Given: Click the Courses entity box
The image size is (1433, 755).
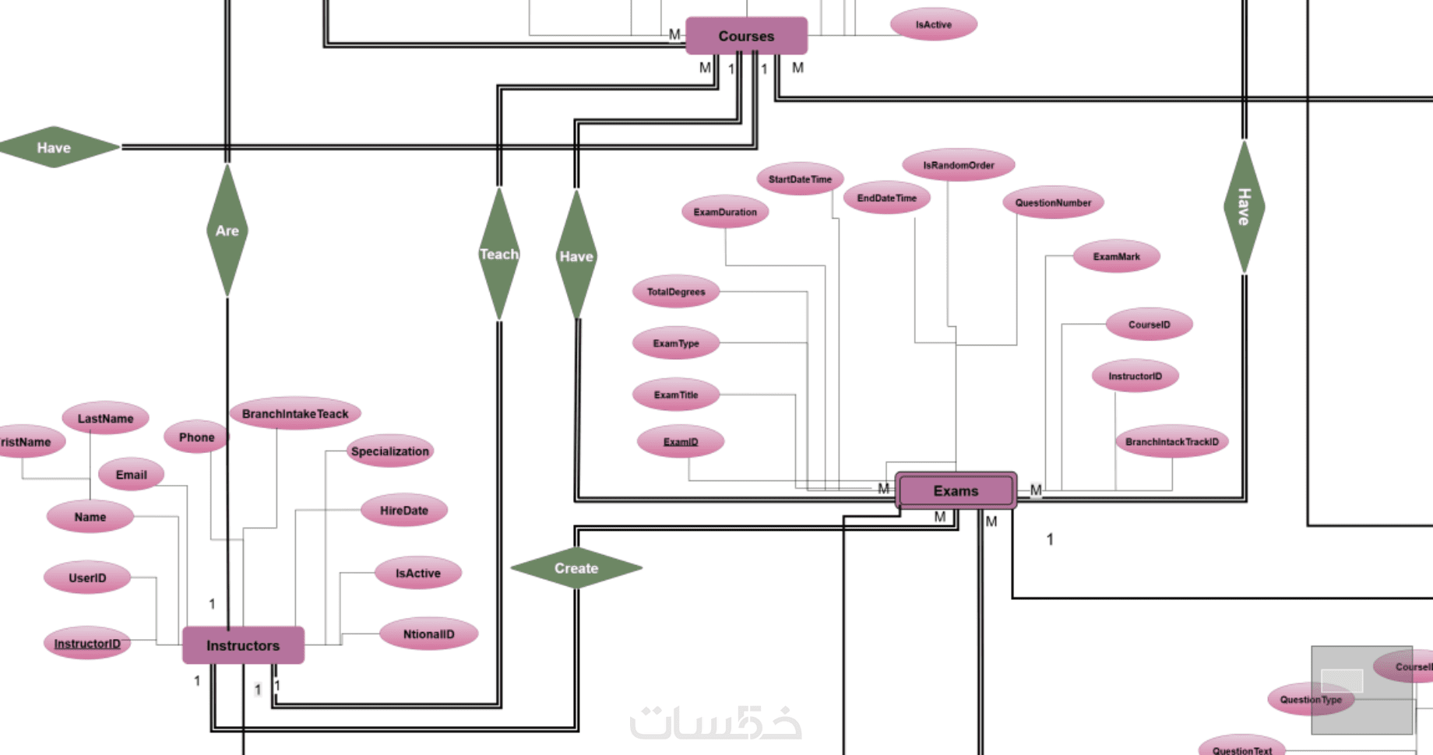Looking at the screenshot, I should (x=746, y=36).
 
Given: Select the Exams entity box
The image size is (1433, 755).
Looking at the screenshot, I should (x=956, y=490).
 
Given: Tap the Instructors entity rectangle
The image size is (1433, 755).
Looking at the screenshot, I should (x=243, y=645).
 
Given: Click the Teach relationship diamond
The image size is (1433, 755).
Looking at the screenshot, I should (x=498, y=254).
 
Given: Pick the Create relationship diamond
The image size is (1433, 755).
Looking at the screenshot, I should (x=576, y=568).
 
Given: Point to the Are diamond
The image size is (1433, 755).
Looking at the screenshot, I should (x=227, y=230).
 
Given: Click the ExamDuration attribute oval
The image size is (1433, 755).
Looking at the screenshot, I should (x=725, y=212).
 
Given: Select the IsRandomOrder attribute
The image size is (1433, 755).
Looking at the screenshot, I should (x=959, y=165).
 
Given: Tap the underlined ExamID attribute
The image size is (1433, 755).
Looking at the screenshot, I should (x=681, y=441).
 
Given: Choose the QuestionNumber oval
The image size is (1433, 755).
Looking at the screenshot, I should (x=1053, y=202).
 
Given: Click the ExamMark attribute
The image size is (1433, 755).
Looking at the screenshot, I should (x=1116, y=256).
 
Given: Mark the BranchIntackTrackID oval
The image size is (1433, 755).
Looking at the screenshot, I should (x=1171, y=441).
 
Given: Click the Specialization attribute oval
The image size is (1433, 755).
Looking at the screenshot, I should (x=389, y=451).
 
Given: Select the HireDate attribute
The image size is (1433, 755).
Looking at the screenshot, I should (x=404, y=511).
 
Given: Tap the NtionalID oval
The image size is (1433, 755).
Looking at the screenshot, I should (x=428, y=634).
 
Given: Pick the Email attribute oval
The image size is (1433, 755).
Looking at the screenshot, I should (x=131, y=475).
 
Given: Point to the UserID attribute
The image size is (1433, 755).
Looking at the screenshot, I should (x=87, y=578).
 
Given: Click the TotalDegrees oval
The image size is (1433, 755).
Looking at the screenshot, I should (x=676, y=292).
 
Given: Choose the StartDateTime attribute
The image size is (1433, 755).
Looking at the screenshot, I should (x=800, y=179).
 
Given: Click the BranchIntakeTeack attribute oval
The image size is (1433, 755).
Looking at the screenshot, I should (x=295, y=413).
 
